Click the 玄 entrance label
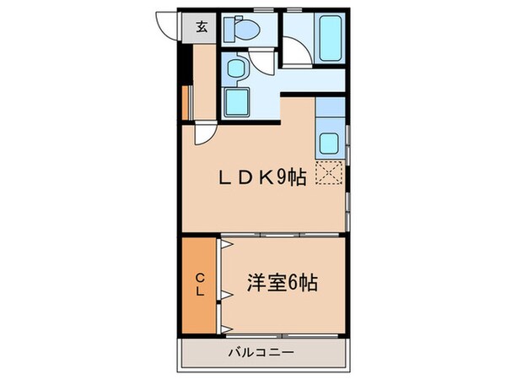[x=202, y=26]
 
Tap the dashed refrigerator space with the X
[x=329, y=174]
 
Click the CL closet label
[x=202, y=284]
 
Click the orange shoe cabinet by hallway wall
[x=183, y=102]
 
